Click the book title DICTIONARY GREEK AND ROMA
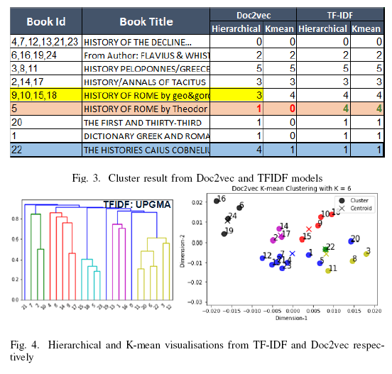[147, 136]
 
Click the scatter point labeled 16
[216, 202]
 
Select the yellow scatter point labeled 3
[366, 253]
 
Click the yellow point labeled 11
[328, 270]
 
